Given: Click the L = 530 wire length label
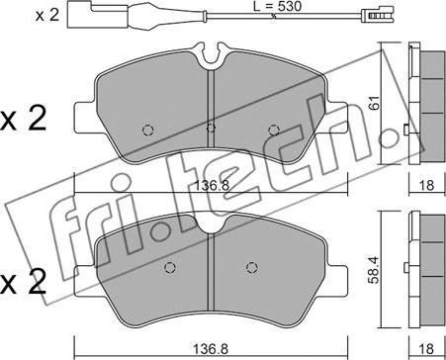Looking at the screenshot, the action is [x=278, y=6].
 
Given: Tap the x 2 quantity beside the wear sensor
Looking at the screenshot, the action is [x=47, y=16].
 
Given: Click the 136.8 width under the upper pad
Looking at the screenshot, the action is [x=211, y=186].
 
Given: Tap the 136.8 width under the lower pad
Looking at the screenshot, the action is [x=211, y=348].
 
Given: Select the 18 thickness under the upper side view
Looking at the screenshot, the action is [x=427, y=185].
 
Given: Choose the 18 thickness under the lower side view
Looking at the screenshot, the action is [x=427, y=348].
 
